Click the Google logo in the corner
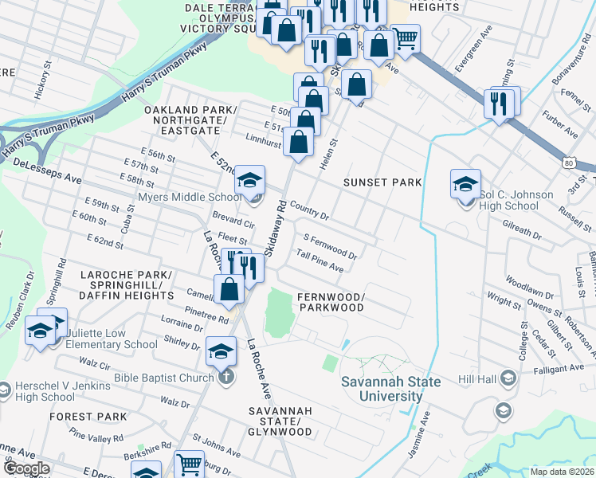pos(26,468)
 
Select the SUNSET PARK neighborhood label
pos(382,182)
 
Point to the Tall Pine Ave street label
pos(320,261)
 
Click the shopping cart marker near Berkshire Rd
pos(189,466)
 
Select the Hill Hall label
pos(477,380)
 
